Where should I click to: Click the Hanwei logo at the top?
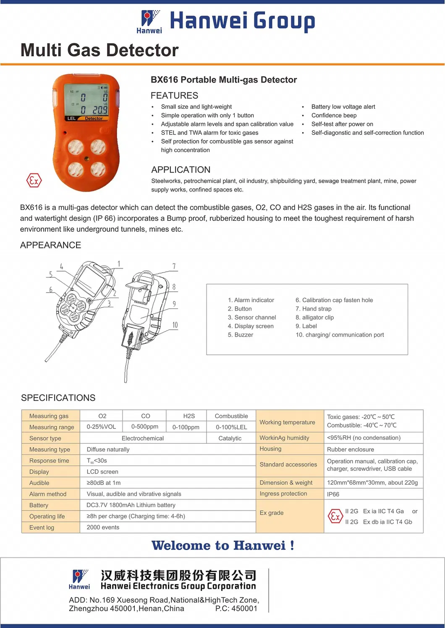point(149,21)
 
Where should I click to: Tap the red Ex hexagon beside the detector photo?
point(34,181)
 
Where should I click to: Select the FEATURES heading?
point(174,95)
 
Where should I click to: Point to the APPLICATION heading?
point(181,170)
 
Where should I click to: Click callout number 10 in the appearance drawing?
point(175,325)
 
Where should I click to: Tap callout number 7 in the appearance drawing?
point(174,266)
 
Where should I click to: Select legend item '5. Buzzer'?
point(240,335)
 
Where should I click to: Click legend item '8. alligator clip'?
point(314,317)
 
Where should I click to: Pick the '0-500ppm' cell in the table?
point(144,427)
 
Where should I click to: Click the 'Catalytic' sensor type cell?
point(230,438)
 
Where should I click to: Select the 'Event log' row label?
point(42,528)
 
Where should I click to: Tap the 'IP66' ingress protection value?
point(333,494)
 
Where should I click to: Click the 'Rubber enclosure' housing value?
point(350,449)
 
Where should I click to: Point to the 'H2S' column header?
point(189,416)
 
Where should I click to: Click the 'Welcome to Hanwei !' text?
point(222,545)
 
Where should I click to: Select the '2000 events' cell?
point(103,527)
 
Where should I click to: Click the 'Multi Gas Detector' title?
point(99,50)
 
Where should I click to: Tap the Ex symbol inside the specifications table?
point(335,516)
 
